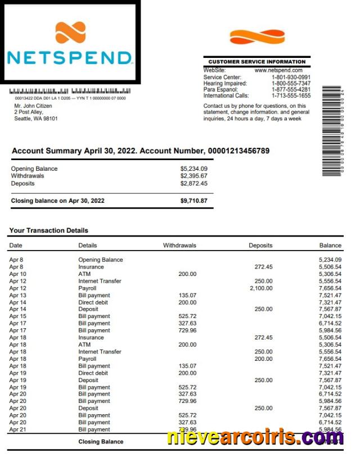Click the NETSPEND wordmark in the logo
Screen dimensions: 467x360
click(69, 57)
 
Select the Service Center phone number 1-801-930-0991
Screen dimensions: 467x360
click(291, 77)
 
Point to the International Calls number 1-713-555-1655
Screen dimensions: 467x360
click(291, 96)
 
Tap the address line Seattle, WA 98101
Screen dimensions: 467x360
click(36, 119)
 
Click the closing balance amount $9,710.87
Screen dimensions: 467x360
click(193, 201)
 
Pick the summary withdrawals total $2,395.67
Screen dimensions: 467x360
click(193, 176)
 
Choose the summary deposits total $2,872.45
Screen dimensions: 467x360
click(193, 183)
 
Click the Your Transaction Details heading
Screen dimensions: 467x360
click(49, 230)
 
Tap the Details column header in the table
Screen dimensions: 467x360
click(88, 246)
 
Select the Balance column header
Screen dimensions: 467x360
click(330, 246)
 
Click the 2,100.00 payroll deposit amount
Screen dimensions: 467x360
click(261, 288)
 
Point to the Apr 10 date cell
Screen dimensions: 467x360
click(18, 274)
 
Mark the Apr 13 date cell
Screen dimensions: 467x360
click(18, 296)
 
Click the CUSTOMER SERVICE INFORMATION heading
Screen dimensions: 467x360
click(257, 62)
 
